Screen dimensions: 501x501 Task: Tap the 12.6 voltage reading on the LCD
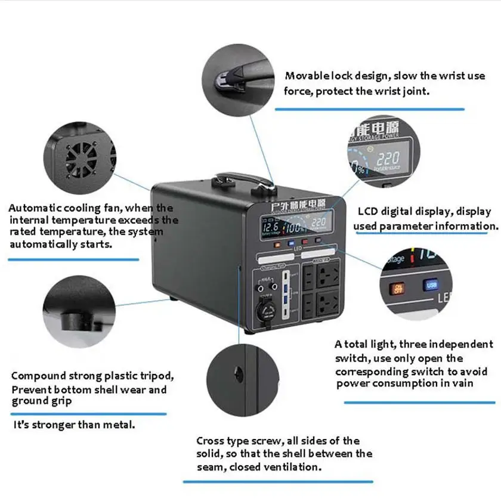271,227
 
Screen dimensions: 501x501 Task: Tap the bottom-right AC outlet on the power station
328,301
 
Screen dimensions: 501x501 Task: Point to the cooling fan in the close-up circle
81,159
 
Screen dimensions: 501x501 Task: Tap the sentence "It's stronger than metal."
74,425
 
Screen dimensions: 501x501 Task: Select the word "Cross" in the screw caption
210,441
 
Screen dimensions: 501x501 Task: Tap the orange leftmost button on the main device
277,243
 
